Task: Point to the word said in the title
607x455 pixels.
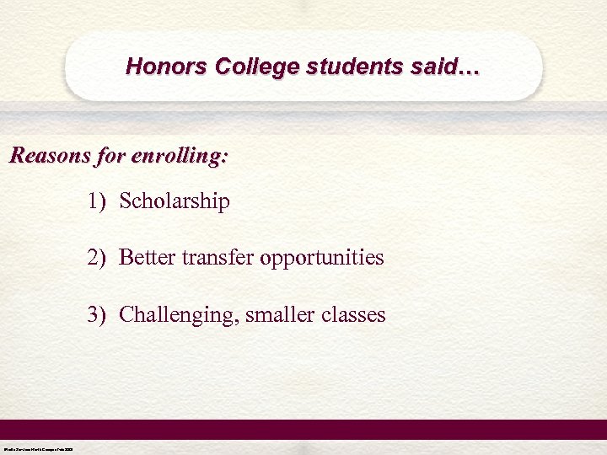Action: [433, 66]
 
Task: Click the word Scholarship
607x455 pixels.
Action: [175, 202]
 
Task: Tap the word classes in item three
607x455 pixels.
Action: [355, 315]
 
